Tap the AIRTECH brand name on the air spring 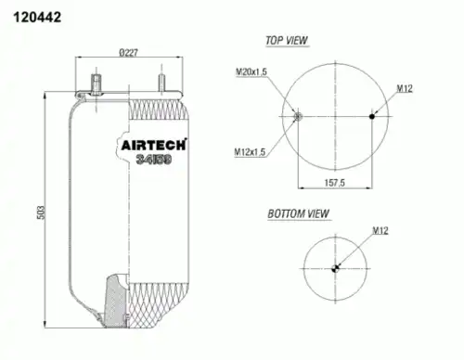[x=154, y=145]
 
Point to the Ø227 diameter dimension [x=129, y=52]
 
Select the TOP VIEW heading [x=287, y=41]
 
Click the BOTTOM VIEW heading [x=298, y=213]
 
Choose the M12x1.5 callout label [x=250, y=152]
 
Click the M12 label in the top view [x=405, y=88]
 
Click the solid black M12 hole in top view [x=372, y=116]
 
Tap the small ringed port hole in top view [x=297, y=116]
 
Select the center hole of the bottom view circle [x=335, y=268]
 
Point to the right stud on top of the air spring [x=163, y=84]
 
